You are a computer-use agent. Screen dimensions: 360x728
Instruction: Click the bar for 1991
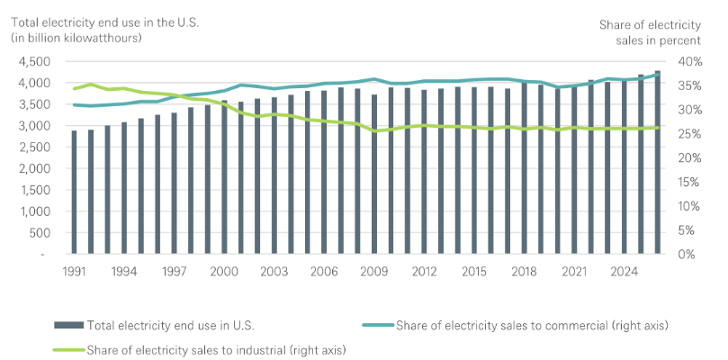pos(74,193)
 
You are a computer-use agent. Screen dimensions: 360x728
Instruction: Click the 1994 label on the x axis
pos(123,271)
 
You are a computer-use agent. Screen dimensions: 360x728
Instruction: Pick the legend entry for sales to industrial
pos(215,347)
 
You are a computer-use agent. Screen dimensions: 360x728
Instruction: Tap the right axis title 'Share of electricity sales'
pos(649,31)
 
